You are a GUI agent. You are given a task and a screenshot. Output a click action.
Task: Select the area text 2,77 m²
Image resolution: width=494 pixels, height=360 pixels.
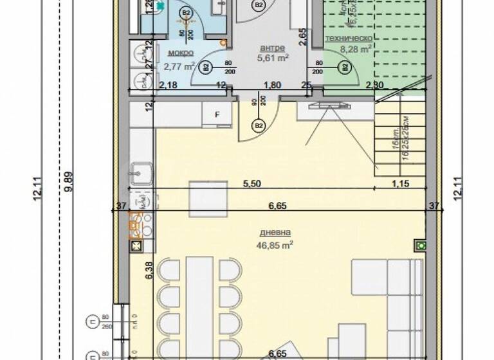pyautogui.click(x=179, y=66)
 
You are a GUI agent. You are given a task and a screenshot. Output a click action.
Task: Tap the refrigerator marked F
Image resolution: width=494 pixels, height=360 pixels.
pyautogui.click(x=217, y=115)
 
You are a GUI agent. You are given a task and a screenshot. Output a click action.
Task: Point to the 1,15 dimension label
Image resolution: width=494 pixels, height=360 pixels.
pyautogui.click(x=401, y=183)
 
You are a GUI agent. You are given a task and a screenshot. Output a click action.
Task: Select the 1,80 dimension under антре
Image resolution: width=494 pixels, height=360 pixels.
pyautogui.click(x=273, y=85)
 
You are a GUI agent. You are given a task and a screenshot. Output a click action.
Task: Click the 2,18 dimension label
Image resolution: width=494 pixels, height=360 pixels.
pyautogui.click(x=169, y=85)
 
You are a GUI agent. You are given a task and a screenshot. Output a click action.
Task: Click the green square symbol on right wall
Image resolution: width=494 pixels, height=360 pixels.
pyautogui.click(x=421, y=245)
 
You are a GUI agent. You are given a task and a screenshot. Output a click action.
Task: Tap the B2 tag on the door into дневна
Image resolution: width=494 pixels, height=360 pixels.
pyautogui.click(x=259, y=125)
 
